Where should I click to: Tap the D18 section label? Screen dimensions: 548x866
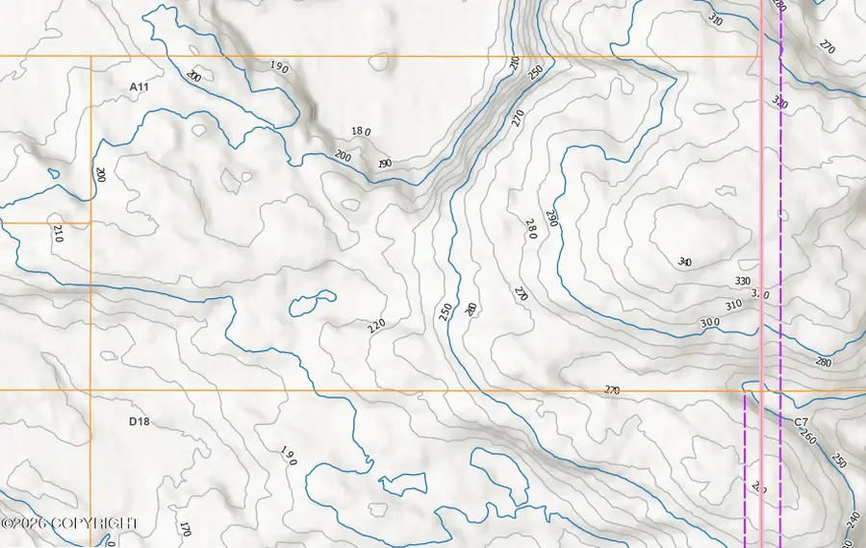(140, 421)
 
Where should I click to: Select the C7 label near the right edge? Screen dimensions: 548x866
(801, 422)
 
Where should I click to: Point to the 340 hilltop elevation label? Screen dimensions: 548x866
(685, 262)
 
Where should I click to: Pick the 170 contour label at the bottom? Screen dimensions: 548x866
(185, 528)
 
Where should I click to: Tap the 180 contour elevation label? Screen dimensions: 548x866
(361, 131)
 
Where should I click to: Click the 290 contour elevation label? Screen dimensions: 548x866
(551, 218)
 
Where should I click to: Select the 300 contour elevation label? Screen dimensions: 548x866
(709, 322)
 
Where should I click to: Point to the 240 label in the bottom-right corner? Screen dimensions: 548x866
(853, 520)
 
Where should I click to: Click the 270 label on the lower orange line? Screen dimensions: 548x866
(612, 390)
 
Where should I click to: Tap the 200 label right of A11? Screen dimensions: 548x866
(193, 76)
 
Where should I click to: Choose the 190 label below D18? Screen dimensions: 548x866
(288, 455)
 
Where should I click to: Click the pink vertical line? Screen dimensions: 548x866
(763, 240)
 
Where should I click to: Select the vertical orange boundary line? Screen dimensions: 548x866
(90, 288)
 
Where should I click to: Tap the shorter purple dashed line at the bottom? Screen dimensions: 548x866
(745, 471)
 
